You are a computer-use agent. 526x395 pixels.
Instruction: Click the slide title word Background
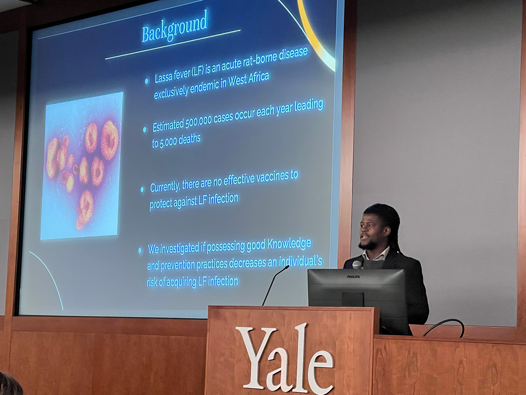point(174,27)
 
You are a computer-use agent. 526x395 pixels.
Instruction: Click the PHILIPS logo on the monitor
point(353,277)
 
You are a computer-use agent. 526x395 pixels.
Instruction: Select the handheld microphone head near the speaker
point(357,264)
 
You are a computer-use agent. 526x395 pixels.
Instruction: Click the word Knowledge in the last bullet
point(289,244)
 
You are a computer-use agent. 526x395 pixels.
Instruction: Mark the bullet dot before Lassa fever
point(147,81)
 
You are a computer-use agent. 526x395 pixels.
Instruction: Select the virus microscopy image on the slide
point(82,166)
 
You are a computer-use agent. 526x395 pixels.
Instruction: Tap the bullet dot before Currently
point(142,189)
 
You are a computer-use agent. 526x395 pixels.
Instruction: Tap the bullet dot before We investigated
point(140,250)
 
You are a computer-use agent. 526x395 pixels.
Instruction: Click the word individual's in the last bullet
point(300,262)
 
